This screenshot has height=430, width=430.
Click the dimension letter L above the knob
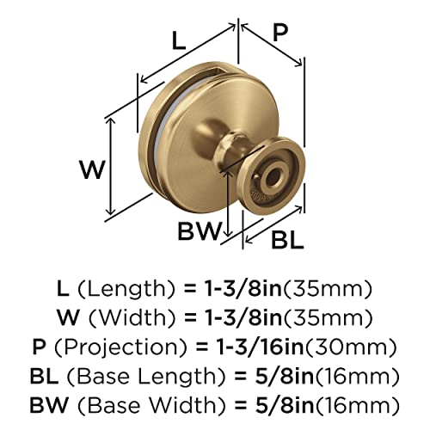pyautogui.click(x=178, y=40)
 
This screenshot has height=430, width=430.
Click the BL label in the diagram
pyautogui.click(x=283, y=240)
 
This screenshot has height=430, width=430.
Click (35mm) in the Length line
pyautogui.click(x=334, y=287)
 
